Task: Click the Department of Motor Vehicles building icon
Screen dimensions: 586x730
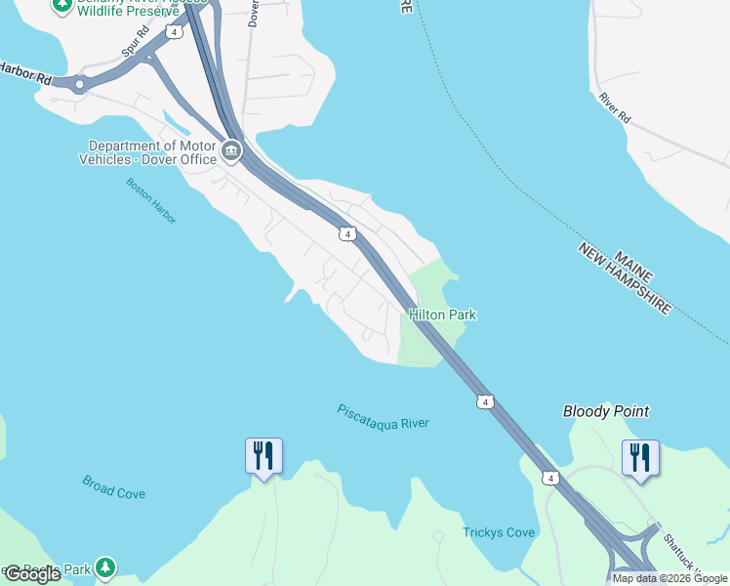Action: pos(232,150)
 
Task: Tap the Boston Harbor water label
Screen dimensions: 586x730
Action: pos(151,201)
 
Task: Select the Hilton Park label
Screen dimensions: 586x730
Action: pos(442,314)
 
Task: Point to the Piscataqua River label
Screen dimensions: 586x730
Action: pos(383,416)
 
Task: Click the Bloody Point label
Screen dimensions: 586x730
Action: pos(606,411)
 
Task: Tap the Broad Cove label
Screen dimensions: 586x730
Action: pos(113,487)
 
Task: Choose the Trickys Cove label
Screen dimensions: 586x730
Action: pos(499,532)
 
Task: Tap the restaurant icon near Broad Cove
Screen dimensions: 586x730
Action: pos(264,456)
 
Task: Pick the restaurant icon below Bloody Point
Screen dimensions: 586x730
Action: pos(640,458)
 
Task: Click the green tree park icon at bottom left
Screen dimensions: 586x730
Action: pos(104,566)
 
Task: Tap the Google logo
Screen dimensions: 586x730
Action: pos(32,574)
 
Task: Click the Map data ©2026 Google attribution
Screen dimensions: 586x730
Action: pos(669,578)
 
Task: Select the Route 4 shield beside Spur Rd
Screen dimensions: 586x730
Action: pos(174,31)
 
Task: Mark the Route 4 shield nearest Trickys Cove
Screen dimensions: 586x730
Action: pos(551,478)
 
